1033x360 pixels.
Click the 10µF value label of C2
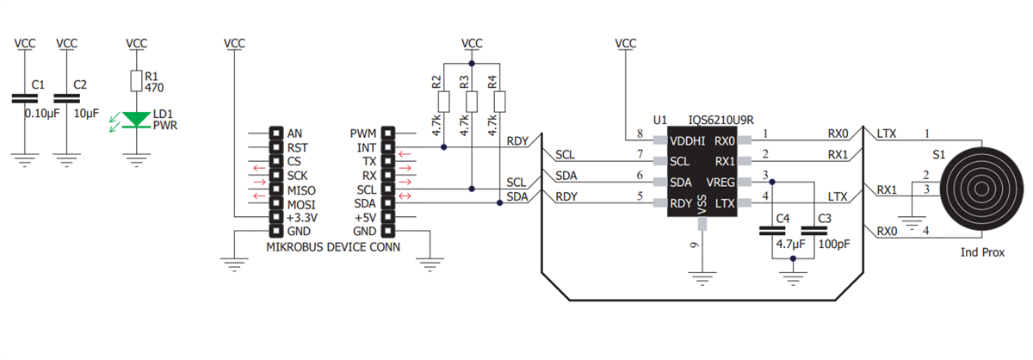click(87, 114)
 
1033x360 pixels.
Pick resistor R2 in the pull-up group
click(443, 102)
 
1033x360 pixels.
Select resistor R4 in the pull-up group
click(500, 102)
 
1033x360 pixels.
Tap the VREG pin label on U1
click(721, 183)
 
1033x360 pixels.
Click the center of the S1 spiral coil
click(983, 189)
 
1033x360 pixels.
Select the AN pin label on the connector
click(294, 133)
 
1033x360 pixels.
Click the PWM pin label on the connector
click(362, 133)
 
